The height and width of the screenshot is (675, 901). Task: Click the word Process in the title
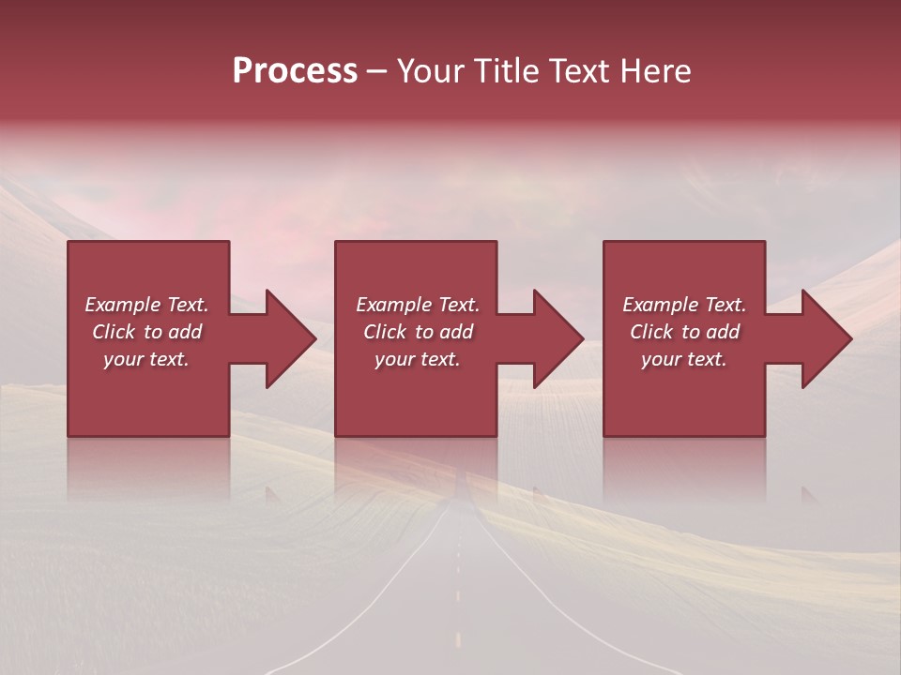coord(295,71)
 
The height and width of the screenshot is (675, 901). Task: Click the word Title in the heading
coord(506,71)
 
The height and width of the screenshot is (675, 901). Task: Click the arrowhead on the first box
coord(292,338)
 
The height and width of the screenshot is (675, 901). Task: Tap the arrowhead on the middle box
coord(559,338)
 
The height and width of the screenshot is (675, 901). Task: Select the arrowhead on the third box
coord(827,338)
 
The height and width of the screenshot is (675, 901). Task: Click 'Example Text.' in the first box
coord(146,305)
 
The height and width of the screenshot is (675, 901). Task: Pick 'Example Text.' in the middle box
coord(418,305)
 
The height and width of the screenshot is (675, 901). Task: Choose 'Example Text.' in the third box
coord(684,305)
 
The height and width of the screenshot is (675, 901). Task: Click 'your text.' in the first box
coord(146,359)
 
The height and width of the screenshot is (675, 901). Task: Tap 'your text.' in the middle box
coord(418,359)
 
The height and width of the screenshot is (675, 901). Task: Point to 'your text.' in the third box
coord(684,359)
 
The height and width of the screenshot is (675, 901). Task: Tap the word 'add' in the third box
coord(722,332)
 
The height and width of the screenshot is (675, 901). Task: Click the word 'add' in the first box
coord(184,332)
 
